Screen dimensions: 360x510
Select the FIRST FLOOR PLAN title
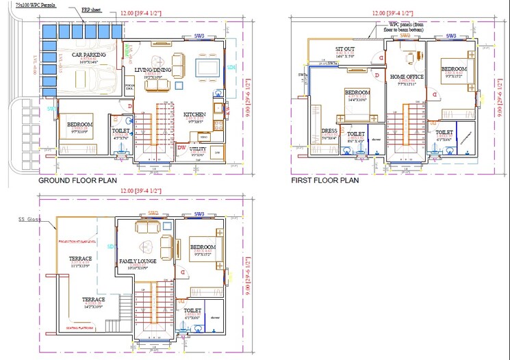tap(325, 181)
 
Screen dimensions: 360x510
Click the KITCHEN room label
tap(194, 114)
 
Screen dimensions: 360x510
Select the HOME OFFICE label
tap(407, 77)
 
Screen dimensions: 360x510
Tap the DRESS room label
tap(329, 131)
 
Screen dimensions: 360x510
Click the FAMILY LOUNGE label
tap(138, 261)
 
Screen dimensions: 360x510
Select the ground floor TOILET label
tap(120, 130)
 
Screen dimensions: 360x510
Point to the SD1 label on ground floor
tap(231, 68)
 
